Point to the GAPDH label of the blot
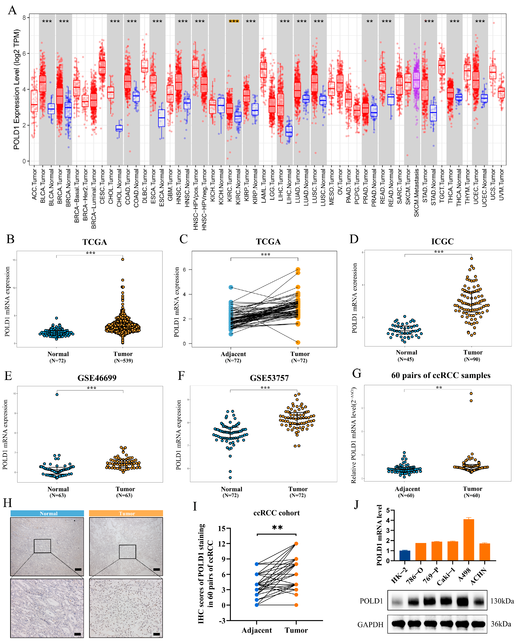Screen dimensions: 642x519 click(370, 625)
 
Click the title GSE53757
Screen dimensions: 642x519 click(269, 378)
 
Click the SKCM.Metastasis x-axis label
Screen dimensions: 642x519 click(416, 193)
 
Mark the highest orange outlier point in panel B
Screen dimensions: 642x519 click(123, 259)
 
